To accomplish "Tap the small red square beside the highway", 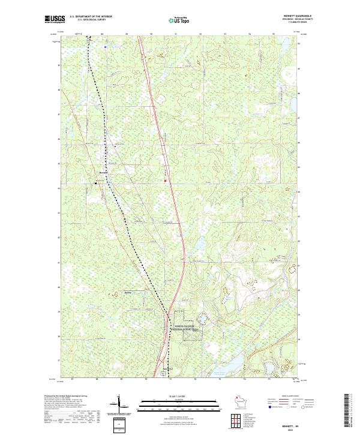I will coord(165,178).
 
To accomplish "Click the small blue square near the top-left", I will coord(104,46).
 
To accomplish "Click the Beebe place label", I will coord(127,292).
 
